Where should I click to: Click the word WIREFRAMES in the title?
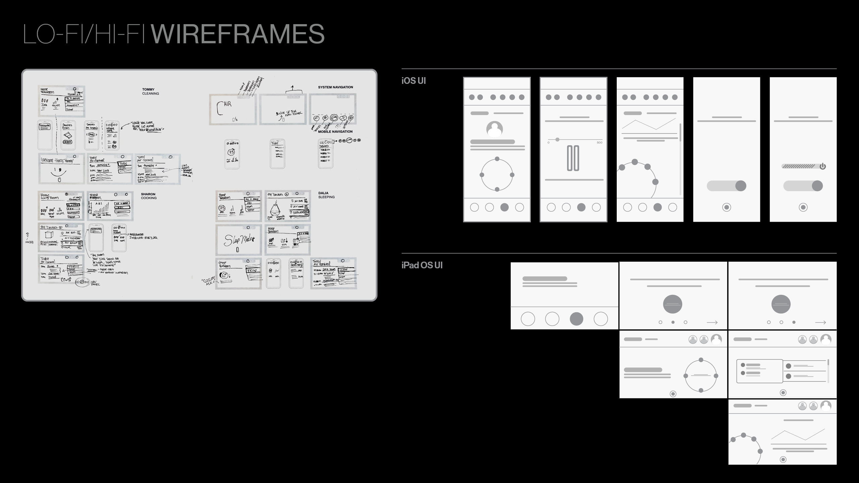tap(238, 34)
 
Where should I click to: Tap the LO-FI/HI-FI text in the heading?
tap(84, 34)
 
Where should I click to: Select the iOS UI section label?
tap(413, 81)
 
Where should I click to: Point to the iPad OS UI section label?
tap(422, 265)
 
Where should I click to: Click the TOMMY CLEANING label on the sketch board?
tap(150, 92)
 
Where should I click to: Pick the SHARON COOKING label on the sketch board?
tap(149, 196)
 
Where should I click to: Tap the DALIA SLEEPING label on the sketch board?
tap(326, 195)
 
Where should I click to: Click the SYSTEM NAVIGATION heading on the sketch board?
tap(335, 87)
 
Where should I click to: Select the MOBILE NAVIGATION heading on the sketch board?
tap(335, 131)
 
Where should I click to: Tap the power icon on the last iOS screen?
tap(822, 166)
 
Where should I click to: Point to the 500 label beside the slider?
tap(599, 143)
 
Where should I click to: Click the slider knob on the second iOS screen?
tap(557, 140)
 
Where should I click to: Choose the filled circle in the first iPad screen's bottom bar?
tap(576, 319)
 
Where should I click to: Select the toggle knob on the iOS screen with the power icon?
tap(817, 186)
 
